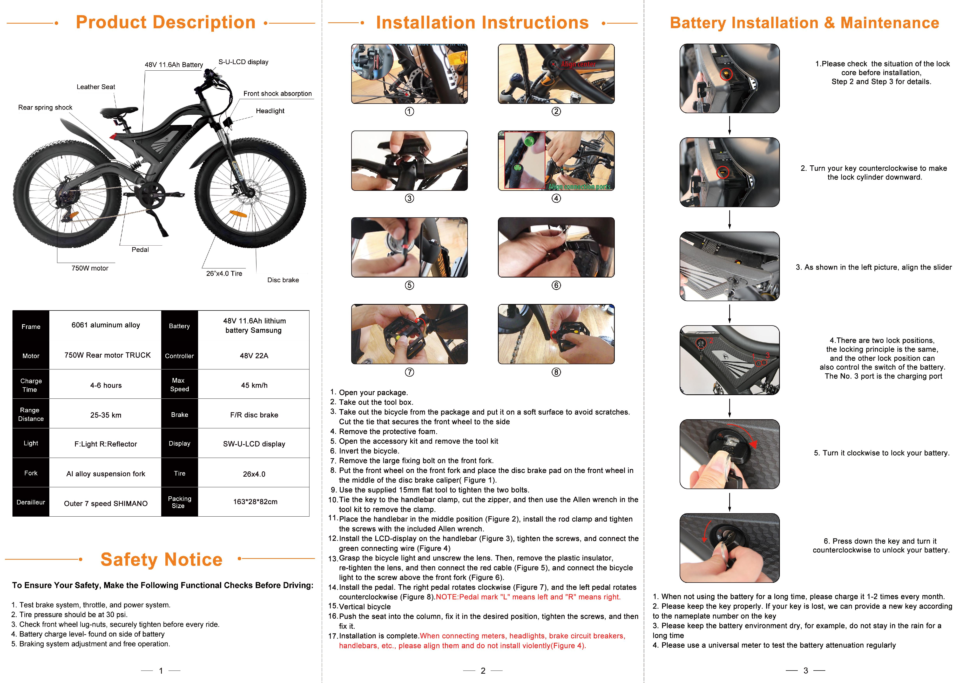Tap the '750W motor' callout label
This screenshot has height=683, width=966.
[x=90, y=268]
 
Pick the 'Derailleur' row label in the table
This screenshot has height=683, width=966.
[x=31, y=502]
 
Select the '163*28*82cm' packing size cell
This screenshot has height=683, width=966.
[x=255, y=502]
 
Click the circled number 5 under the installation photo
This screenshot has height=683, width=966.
[x=409, y=285]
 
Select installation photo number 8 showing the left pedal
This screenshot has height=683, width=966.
[x=556, y=334]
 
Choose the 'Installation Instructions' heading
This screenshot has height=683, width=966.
[x=482, y=23]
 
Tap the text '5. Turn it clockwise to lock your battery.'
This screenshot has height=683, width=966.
[x=881, y=453]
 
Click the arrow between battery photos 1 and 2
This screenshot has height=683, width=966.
[x=729, y=125]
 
